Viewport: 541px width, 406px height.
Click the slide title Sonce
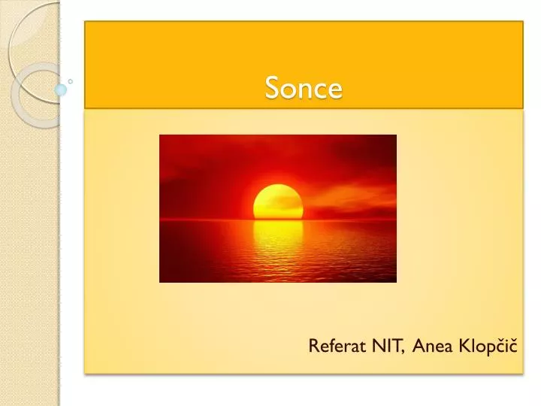point(304,89)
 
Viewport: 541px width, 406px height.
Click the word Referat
point(334,346)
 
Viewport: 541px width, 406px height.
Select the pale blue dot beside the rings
point(61,89)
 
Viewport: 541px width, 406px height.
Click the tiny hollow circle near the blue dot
point(71,80)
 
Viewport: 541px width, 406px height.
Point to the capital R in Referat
point(313,346)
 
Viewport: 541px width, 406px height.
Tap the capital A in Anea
point(417,346)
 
